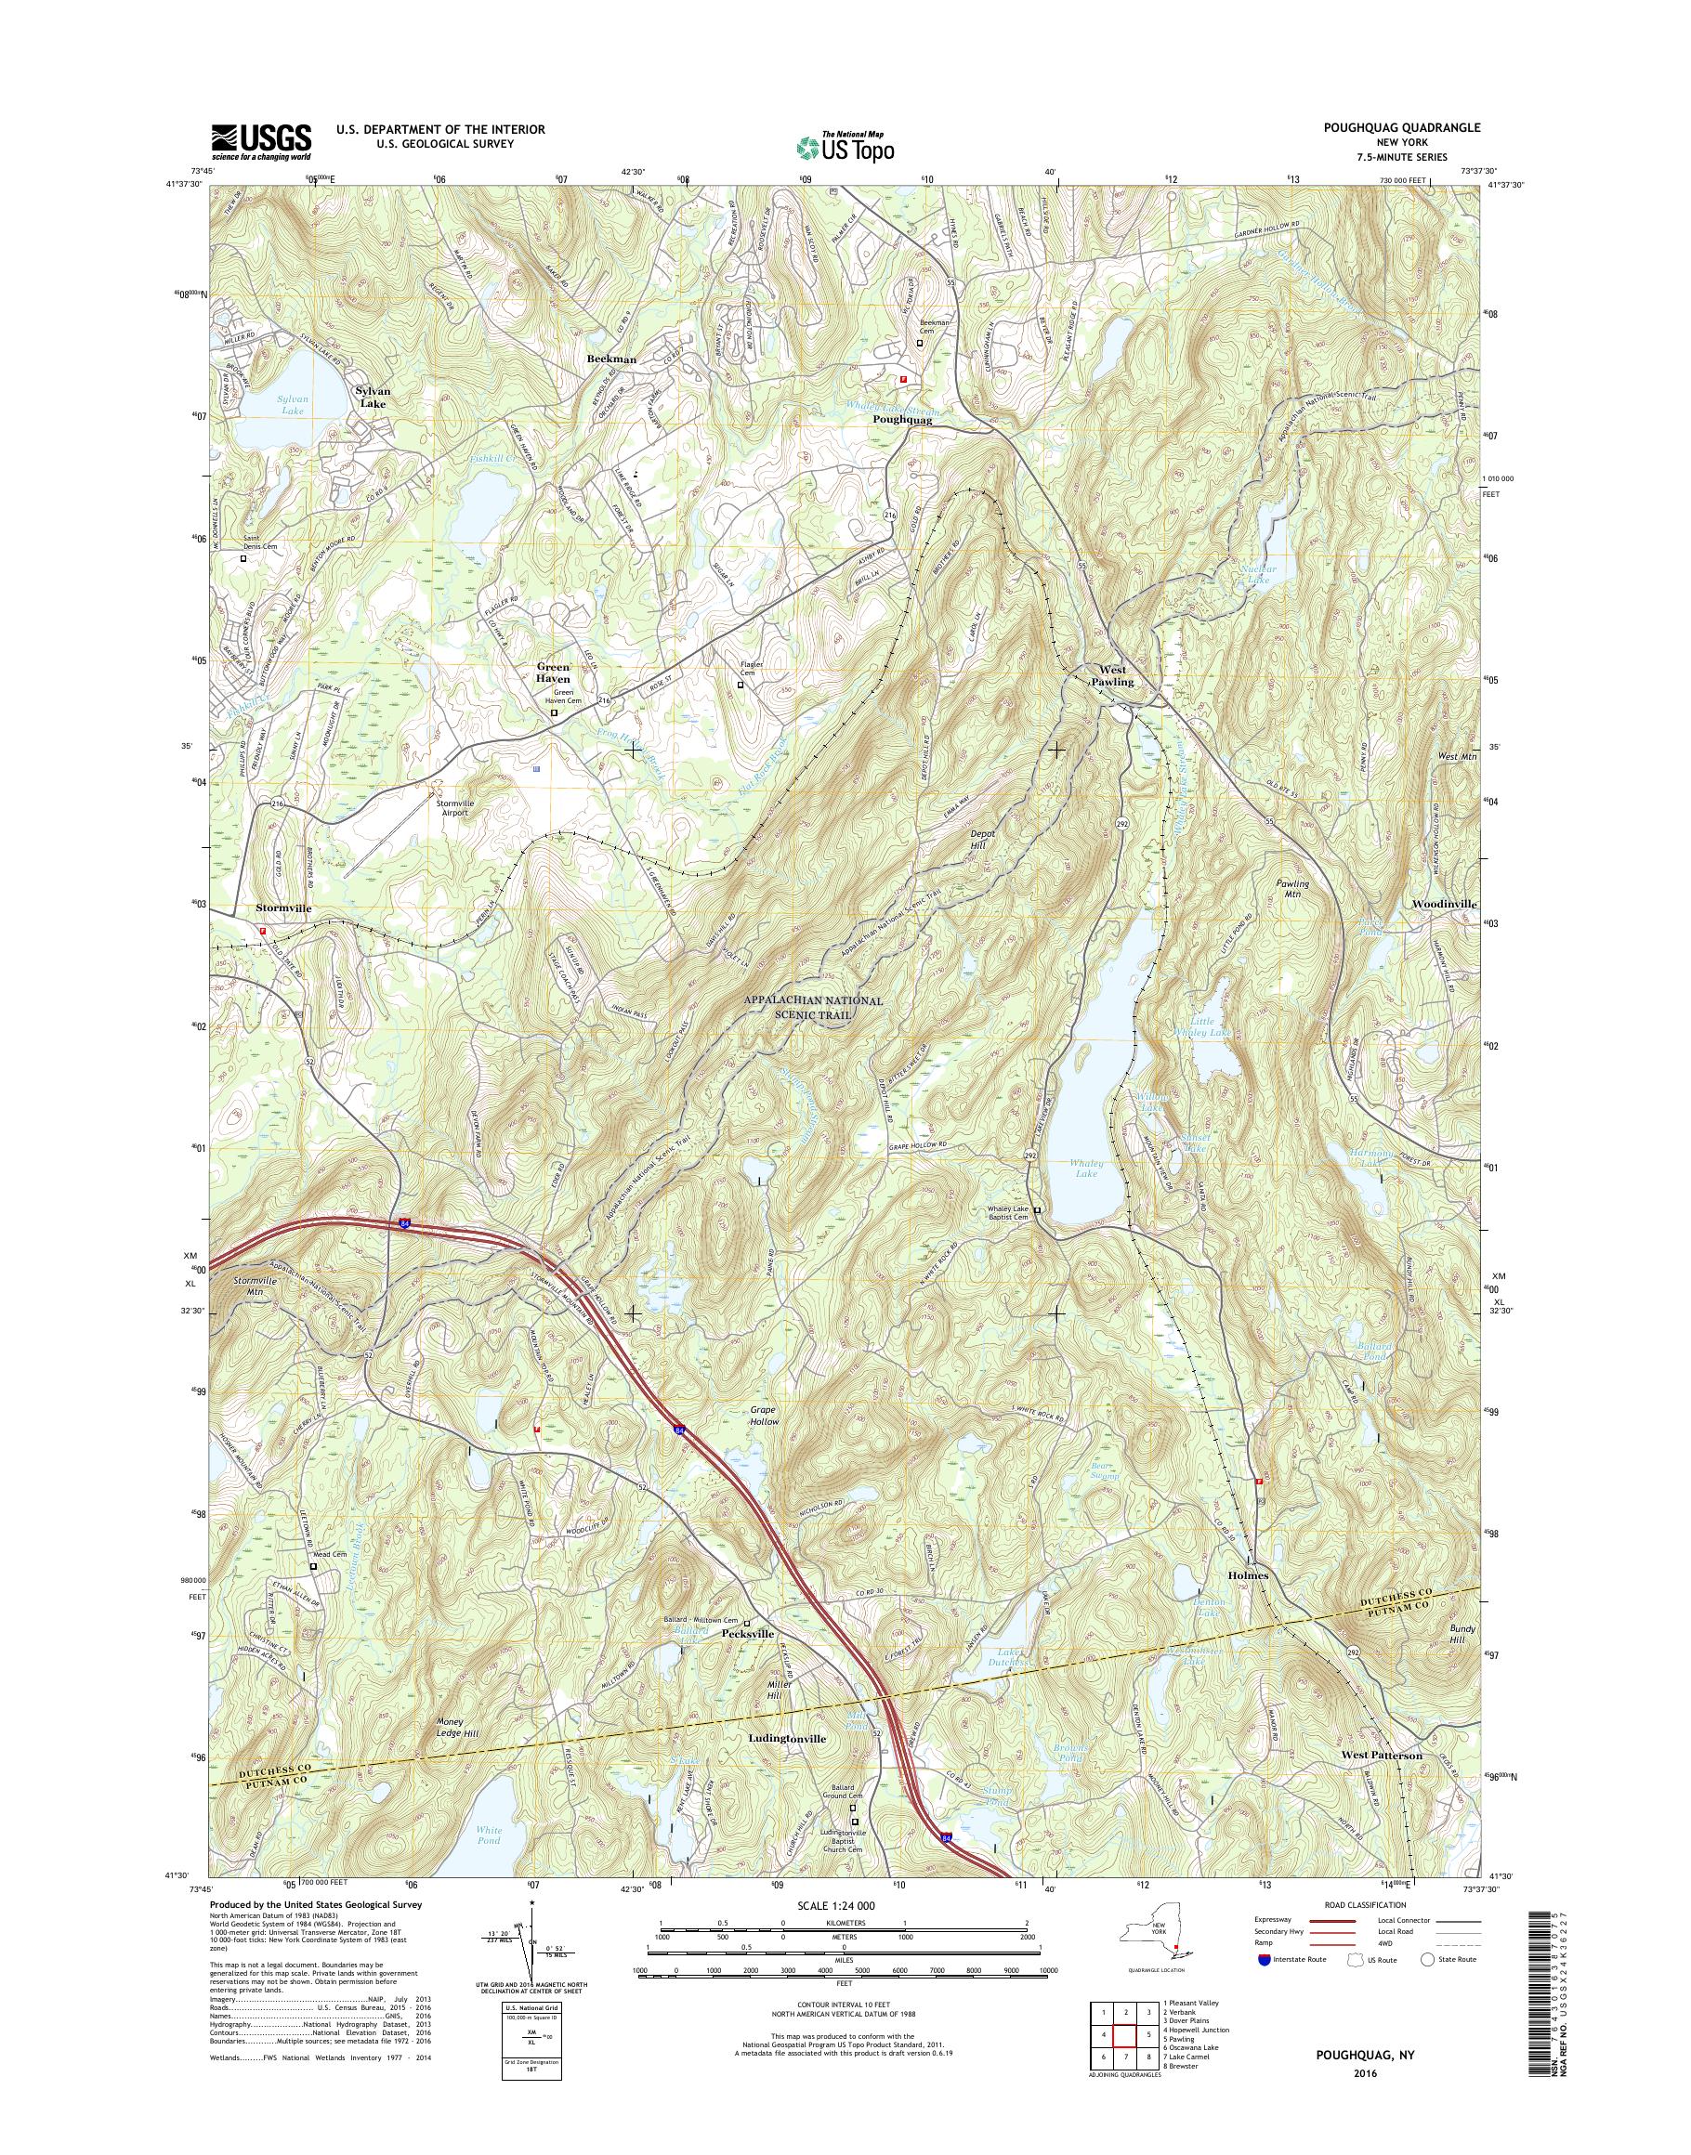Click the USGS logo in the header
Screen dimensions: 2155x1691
click(x=261, y=141)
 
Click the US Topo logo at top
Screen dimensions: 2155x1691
click(x=845, y=147)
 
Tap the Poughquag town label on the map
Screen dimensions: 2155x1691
click(x=902, y=420)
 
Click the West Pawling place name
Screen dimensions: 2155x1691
click(x=1112, y=675)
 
